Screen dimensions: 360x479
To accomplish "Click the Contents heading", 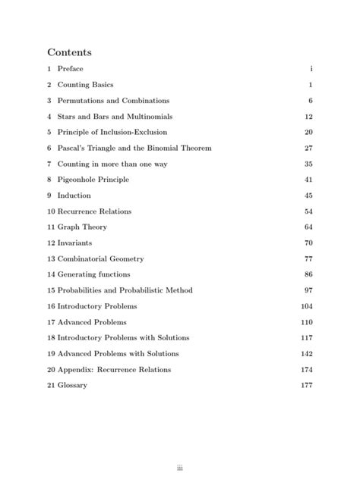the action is click(x=69, y=52).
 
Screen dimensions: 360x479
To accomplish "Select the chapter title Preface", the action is click(x=70, y=69).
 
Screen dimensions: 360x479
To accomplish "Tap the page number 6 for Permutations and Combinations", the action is click(x=311, y=101).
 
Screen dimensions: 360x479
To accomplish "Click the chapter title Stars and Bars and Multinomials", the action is click(x=115, y=117).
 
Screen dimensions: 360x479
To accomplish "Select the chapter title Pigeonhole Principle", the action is click(x=93, y=180).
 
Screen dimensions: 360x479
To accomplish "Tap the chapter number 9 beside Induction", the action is click(x=49, y=196).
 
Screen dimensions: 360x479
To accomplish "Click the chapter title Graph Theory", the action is click(x=82, y=227).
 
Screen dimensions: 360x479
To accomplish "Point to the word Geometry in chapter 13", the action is click(x=125, y=259).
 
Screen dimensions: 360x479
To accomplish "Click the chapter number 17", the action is click(x=51, y=322).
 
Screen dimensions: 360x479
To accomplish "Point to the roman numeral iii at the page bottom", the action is click(x=180, y=446).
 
